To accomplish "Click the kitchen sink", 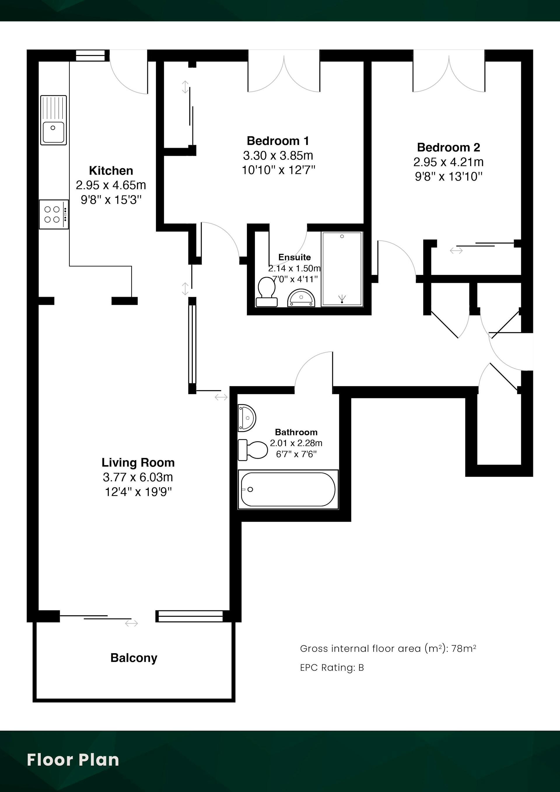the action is point(53,120).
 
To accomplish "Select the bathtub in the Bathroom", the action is point(288,489).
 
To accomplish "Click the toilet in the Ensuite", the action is point(266,292).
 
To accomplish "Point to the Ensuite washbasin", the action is point(301,298).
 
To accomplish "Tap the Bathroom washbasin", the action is point(247,418).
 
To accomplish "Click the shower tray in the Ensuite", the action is point(342,269).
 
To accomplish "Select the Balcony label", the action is point(134,658).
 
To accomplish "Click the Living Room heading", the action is point(138,462).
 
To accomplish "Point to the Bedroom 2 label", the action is point(449,147).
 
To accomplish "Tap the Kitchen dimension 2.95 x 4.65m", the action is point(111,185).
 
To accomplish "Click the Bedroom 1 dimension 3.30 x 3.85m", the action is point(278,156).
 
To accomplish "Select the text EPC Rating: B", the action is point(332,667).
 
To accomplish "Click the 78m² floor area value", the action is point(464,648).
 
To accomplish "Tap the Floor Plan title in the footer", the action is point(73,760).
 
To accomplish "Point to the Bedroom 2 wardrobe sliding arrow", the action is point(456,251).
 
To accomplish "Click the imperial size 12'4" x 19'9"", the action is point(138,492).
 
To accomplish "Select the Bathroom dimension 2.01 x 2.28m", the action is point(296,443).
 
